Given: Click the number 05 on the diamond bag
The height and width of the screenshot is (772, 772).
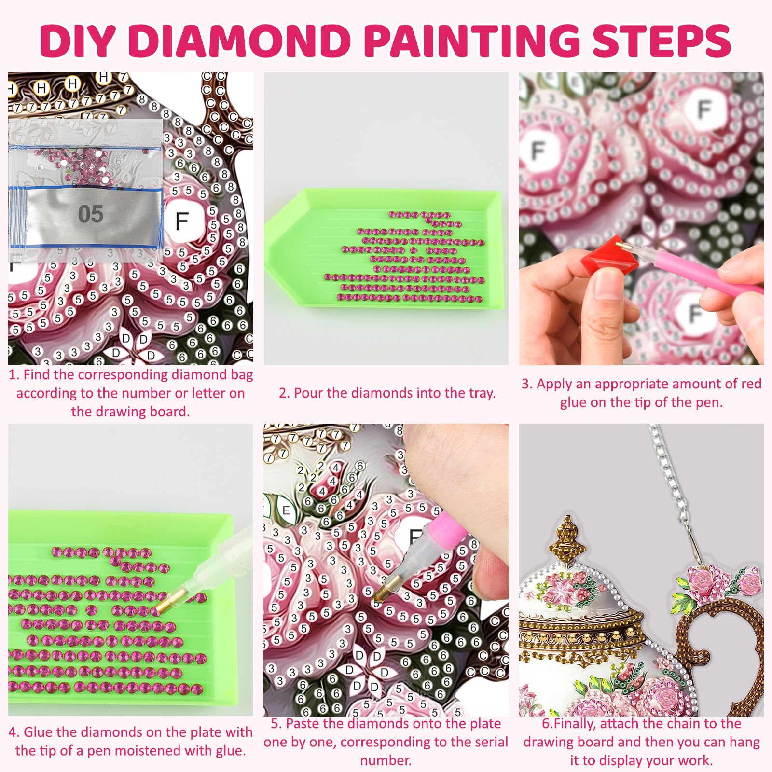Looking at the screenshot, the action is pos(91,214).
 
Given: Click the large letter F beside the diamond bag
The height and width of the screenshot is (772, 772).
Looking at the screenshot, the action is pos(182,221).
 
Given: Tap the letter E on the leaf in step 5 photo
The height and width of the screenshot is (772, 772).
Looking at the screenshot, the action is pos(286,510).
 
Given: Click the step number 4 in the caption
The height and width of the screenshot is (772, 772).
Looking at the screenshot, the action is pos(13,732).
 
